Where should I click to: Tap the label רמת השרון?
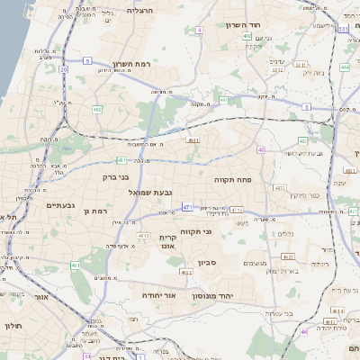coord(135,65)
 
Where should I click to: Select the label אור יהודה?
coord(163,294)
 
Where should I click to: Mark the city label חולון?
coord(12,326)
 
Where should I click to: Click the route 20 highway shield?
coord(63,68)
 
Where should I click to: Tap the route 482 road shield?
coord(96,111)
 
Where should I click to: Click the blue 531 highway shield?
coord(344,29)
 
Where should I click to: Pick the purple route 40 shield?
coord(261,149)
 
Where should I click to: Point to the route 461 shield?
coord(76,265)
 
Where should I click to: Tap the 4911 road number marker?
coord(193,141)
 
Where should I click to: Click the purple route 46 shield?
coord(303,331)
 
